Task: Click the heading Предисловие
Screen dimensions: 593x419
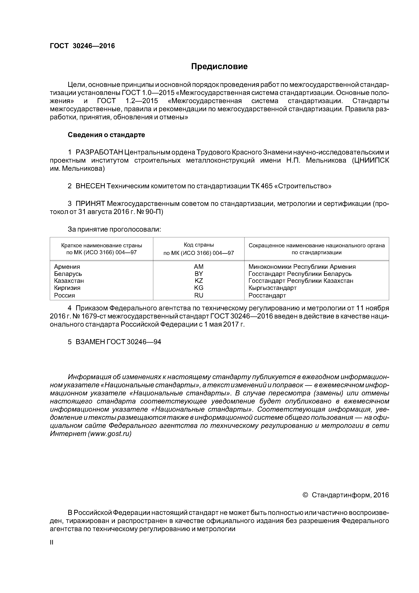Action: tap(219, 67)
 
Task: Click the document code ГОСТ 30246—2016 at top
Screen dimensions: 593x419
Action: tap(82, 46)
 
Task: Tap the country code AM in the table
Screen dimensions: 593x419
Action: tap(199, 267)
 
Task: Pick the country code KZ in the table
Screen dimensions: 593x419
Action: tap(199, 281)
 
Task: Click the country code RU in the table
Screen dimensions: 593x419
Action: tap(199, 295)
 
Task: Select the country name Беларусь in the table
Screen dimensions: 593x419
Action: tap(68, 274)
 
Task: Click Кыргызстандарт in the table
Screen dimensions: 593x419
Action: tap(272, 288)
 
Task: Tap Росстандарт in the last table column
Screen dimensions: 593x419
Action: tap(267, 295)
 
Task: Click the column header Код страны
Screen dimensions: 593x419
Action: tap(199, 245)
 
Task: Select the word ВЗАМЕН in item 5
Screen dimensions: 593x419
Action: tap(90, 342)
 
